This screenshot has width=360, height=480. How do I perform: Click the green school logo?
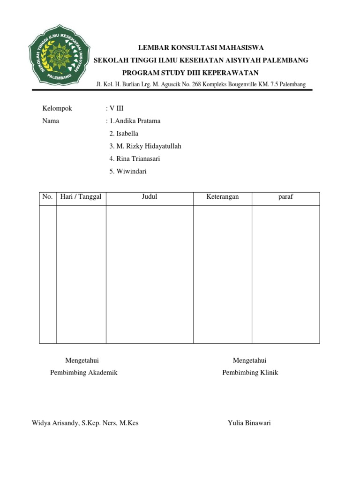pos(59,59)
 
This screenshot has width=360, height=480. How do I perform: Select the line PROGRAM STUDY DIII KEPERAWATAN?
pos(190,73)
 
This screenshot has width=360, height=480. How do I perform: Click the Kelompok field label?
pos(57,108)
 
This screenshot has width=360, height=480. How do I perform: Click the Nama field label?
pos(51,121)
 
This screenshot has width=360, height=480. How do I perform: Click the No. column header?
pos(47,197)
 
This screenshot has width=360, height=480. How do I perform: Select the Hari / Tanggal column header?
pos(81,197)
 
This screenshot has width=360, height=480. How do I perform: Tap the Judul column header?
pos(150,197)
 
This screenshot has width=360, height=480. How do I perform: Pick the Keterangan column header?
pos(223,197)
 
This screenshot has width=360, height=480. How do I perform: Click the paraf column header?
pos(285,197)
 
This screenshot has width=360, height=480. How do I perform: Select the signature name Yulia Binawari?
pos(249,423)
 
